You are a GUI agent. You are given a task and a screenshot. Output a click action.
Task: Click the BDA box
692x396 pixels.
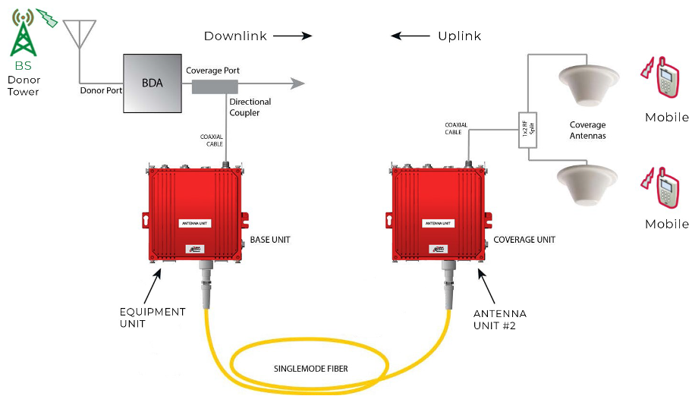pyautogui.click(x=153, y=83)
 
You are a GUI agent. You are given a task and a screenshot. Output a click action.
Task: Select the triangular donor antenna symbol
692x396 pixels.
pyautogui.click(x=80, y=33)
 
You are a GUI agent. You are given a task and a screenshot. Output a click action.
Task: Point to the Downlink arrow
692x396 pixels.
pyautogui.click(x=292, y=36)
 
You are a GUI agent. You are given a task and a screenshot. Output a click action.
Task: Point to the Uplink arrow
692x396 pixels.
pyautogui.click(x=410, y=36)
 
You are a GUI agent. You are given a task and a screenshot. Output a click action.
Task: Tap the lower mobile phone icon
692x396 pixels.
pyautogui.click(x=664, y=186)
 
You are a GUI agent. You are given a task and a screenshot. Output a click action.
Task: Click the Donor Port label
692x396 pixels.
pyautogui.click(x=102, y=91)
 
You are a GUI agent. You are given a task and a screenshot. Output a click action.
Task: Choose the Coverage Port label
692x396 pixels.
pyautogui.click(x=212, y=71)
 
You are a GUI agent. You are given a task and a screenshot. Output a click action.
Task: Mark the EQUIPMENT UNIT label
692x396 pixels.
pyautogui.click(x=152, y=318)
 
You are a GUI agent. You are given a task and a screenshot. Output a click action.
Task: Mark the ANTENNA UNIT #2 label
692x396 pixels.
pyautogui.click(x=499, y=319)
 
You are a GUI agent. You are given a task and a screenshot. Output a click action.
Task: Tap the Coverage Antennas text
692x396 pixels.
pyautogui.click(x=587, y=130)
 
